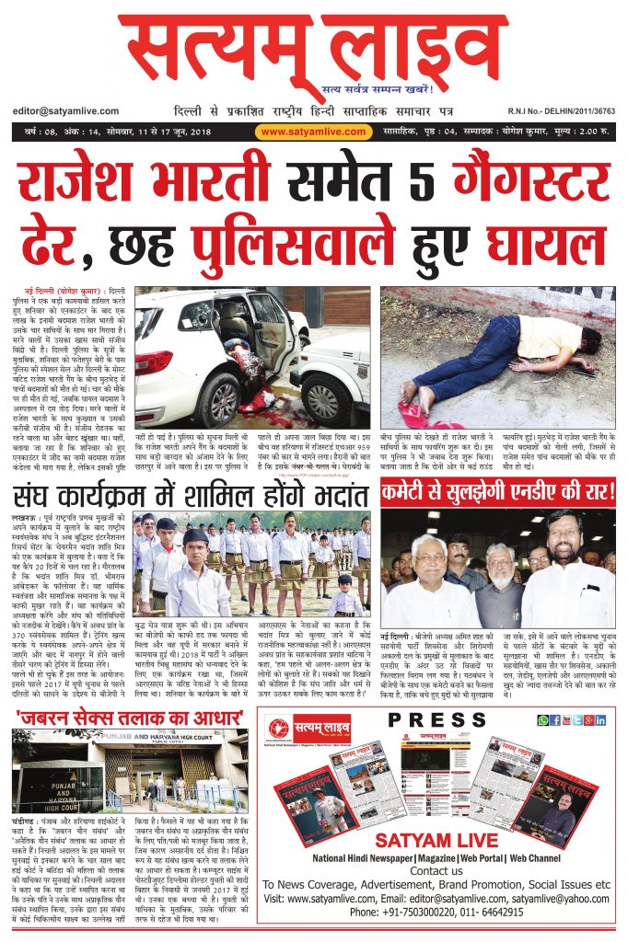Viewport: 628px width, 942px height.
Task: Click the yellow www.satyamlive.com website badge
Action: (313, 132)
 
